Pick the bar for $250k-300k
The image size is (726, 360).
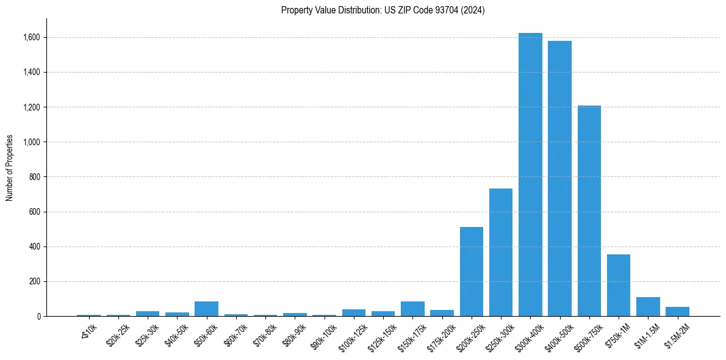click(501, 253)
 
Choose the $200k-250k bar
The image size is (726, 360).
click(472, 272)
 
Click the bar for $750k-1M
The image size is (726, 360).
click(619, 286)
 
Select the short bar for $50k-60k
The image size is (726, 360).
click(206, 309)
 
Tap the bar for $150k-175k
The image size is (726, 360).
click(412, 309)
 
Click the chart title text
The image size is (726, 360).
click(383, 10)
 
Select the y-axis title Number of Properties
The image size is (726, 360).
click(10, 168)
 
